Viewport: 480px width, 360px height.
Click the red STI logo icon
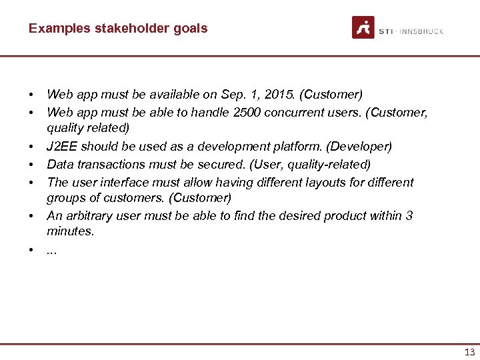point(363,27)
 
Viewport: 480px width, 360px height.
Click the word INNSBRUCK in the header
point(422,31)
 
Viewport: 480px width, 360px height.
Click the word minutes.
point(70,232)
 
